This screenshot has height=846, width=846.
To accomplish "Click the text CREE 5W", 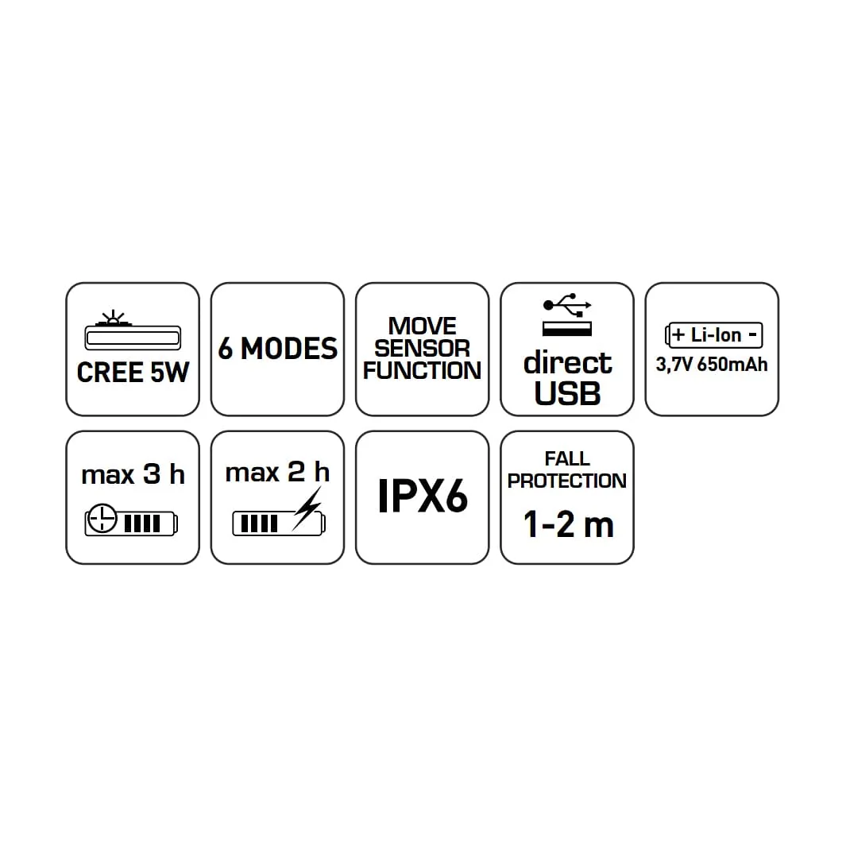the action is (x=133, y=373).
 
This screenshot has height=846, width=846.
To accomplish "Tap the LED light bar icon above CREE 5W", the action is (x=133, y=330).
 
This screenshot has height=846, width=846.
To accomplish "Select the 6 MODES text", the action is (x=277, y=349).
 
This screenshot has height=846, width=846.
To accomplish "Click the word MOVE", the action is (x=422, y=326).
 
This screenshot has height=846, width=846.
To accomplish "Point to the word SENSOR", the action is (x=422, y=349).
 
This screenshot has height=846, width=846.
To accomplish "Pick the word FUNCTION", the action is (x=422, y=371).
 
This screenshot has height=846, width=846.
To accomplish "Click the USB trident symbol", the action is (x=567, y=305).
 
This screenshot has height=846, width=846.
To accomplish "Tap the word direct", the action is (x=568, y=362).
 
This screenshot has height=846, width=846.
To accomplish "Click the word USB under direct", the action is (x=568, y=393).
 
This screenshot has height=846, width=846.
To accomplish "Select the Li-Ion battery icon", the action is (x=713, y=335).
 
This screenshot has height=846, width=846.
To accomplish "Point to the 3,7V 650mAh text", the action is (x=712, y=365).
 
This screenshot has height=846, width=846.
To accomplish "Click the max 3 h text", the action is (x=133, y=474).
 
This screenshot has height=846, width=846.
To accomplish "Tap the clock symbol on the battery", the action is (x=102, y=519).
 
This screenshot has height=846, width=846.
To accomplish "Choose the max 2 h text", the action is (x=277, y=472).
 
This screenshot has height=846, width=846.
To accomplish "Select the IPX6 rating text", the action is (x=422, y=496).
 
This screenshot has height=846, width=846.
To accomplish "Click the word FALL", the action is (x=567, y=458).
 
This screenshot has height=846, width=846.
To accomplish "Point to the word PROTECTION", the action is (x=567, y=481).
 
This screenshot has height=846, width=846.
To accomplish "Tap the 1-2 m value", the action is (x=568, y=524).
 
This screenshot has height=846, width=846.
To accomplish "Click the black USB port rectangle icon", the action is (x=567, y=329).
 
